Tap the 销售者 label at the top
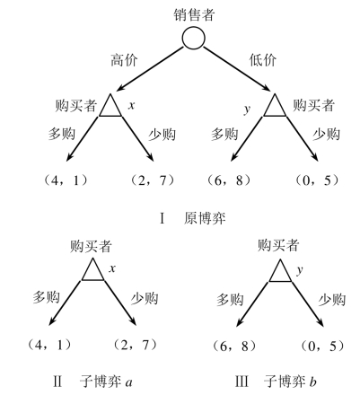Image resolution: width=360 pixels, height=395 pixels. point(194,14)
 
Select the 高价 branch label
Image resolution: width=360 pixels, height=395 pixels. point(124,60)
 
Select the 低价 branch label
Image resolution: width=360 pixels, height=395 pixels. point(263,60)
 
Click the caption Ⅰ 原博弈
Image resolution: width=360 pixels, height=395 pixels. point(193,218)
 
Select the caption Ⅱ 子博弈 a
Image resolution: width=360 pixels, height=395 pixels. point(92,382)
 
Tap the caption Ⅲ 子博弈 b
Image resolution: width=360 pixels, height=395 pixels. point(276,382)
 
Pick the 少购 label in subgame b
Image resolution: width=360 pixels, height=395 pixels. point(332,299)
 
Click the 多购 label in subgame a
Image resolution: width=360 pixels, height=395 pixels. point(47,297)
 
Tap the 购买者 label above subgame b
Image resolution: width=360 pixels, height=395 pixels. point(278,245)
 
